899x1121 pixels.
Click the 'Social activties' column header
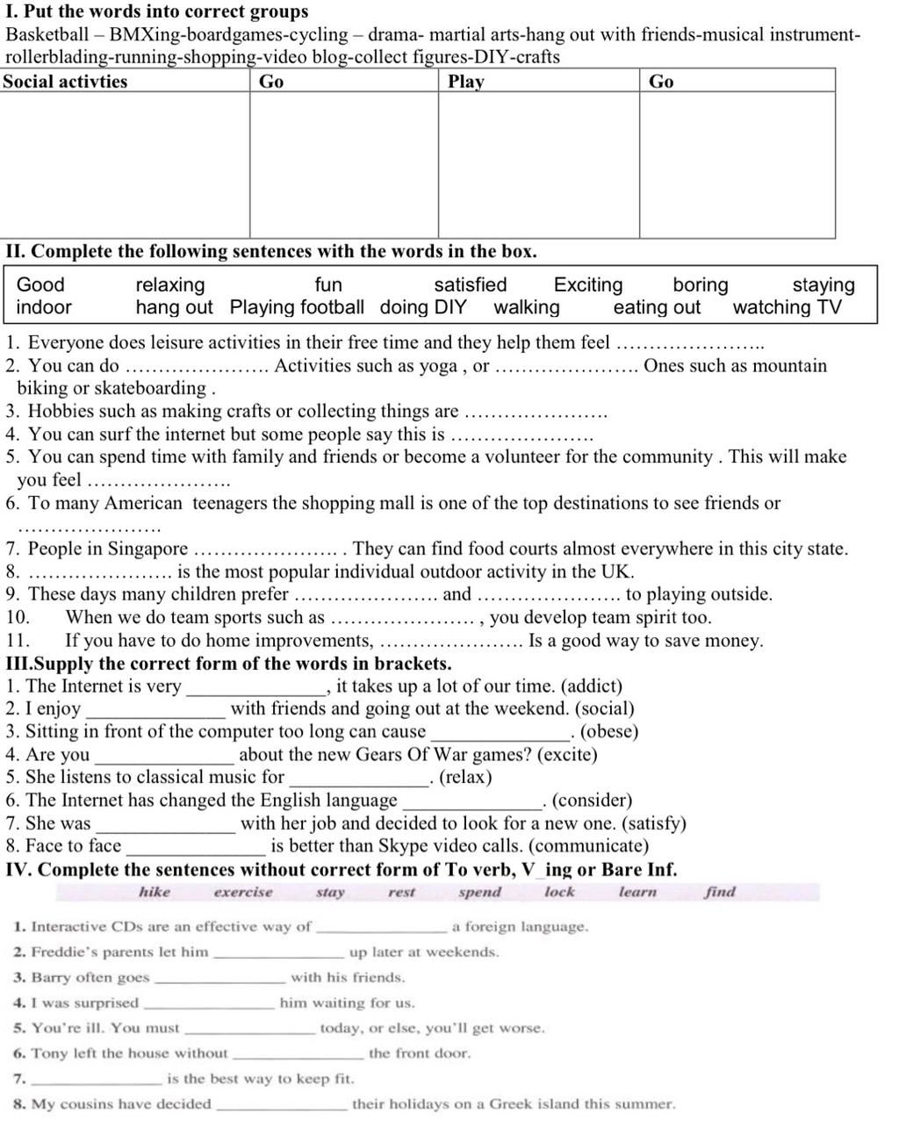tap(66, 82)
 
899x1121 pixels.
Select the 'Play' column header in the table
tap(465, 82)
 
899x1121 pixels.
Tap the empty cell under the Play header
tap(538, 164)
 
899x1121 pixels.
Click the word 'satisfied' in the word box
tap(470, 284)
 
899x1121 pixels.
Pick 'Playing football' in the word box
tap(297, 307)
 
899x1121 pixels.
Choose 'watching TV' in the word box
tap(787, 307)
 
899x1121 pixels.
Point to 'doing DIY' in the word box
tap(423, 307)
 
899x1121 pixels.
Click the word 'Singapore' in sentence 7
tap(147, 550)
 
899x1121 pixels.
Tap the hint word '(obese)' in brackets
tap(609, 732)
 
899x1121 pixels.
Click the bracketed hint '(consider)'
tap(593, 801)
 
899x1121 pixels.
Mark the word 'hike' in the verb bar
tap(155, 892)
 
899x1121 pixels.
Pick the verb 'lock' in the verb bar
tap(559, 892)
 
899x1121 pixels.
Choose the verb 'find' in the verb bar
tap(720, 892)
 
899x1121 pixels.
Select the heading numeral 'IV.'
tap(20, 870)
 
